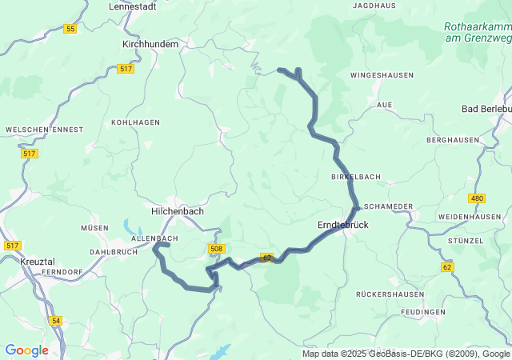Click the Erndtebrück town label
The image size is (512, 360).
coord(342,226)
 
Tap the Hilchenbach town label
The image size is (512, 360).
coord(178,211)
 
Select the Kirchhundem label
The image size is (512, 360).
coord(150,45)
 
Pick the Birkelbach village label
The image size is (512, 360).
coord(355,176)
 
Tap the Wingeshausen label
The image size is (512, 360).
coord(382,75)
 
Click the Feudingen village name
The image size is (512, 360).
coord(423,311)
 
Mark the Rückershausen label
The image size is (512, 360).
coord(385,294)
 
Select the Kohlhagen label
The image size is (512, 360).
coord(135,122)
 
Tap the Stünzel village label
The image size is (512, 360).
coord(466,240)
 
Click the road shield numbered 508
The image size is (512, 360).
coord(216,249)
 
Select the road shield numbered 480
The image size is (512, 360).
coord(478,198)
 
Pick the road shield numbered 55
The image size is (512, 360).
coord(71,29)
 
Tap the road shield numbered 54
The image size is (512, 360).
coord(55,321)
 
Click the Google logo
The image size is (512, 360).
coord(26,350)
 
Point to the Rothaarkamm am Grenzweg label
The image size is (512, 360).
coord(478,31)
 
